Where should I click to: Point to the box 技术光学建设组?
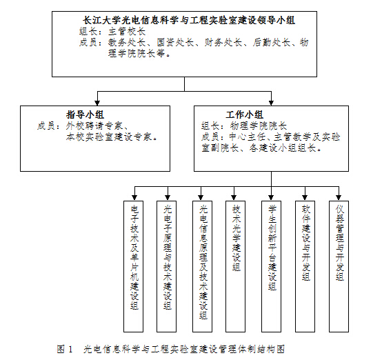[x=237, y=238]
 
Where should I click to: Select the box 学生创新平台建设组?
[x=272, y=248]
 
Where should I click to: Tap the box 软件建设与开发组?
[x=305, y=243]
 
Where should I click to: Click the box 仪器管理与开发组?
[x=339, y=243]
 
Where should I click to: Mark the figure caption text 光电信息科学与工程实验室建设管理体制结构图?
[x=184, y=349]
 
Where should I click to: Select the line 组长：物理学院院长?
[x=239, y=126]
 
